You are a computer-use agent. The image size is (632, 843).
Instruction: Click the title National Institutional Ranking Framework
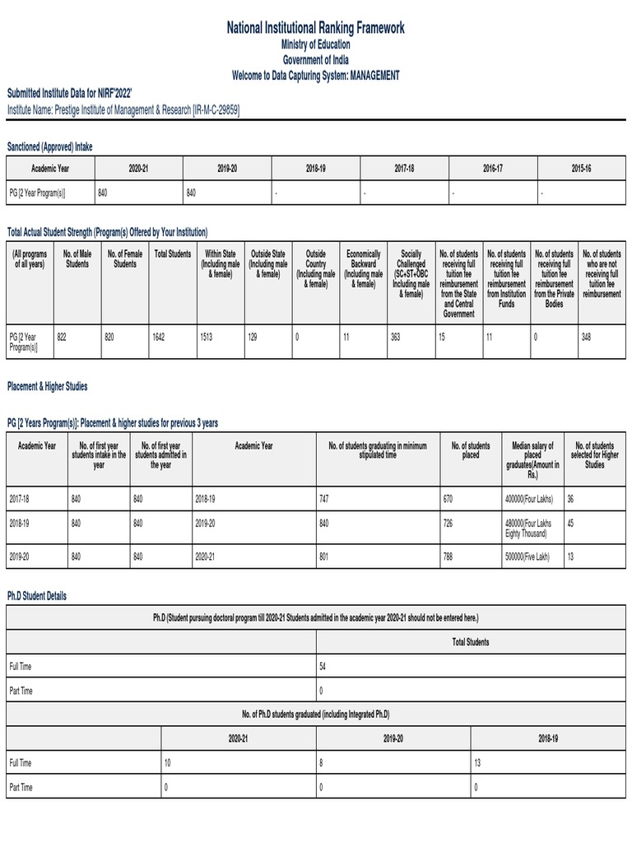point(316,29)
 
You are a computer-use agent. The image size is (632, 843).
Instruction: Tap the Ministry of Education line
point(316,45)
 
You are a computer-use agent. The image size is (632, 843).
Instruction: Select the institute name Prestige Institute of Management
point(123,109)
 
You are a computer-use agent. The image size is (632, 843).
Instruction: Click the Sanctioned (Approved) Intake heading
point(50,147)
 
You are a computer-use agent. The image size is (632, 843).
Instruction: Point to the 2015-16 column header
point(581,168)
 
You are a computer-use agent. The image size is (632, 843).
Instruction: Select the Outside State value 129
point(253,337)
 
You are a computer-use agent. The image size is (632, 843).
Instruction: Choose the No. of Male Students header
point(77,258)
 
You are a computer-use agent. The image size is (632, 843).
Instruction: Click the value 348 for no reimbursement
point(586,337)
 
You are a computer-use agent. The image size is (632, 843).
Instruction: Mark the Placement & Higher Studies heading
point(47,386)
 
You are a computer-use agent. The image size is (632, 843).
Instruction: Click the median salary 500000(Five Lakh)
point(527,557)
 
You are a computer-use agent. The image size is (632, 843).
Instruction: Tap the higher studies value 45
point(570,523)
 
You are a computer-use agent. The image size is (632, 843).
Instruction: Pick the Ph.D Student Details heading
point(37,596)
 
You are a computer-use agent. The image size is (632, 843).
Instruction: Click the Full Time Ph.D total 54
point(323,665)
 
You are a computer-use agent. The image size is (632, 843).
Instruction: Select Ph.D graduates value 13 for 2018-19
point(478,763)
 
